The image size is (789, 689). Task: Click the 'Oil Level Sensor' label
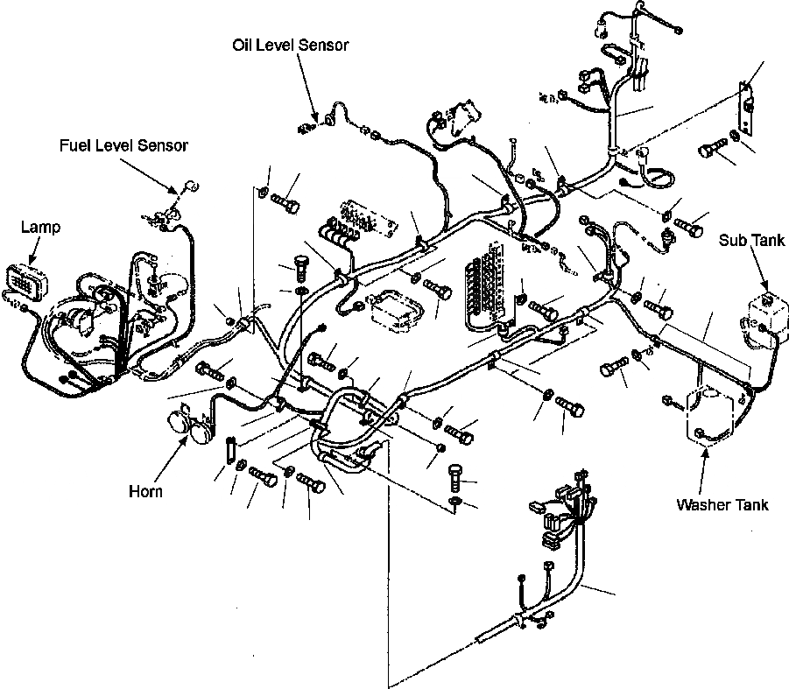[291, 45]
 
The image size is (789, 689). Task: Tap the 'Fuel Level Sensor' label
[123, 145]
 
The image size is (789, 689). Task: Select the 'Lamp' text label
[41, 228]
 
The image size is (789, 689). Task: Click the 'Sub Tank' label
[745, 240]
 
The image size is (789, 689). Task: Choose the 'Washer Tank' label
[722, 504]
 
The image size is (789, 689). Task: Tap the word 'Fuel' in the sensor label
[74, 145]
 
